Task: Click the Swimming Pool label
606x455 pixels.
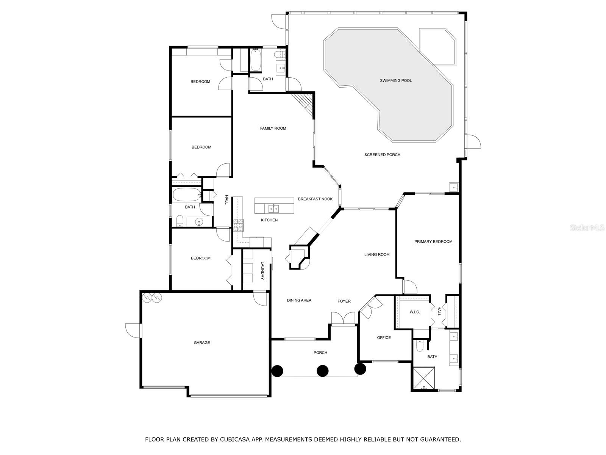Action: click(396, 80)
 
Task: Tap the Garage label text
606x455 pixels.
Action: click(202, 343)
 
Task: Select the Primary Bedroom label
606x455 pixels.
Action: click(433, 242)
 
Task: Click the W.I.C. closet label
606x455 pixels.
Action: click(415, 312)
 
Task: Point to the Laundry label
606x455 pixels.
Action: click(262, 271)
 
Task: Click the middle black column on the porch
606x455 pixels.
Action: click(322, 370)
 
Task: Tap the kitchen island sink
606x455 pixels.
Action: click(274, 209)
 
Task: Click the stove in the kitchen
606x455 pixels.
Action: click(239, 225)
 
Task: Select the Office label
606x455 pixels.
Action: click(384, 337)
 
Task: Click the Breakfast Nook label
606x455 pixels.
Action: click(315, 199)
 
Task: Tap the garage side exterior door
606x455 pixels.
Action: click(133, 330)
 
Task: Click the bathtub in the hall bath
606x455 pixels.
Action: click(187, 195)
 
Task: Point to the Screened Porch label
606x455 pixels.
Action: click(382, 155)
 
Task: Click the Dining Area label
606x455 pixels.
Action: click(299, 300)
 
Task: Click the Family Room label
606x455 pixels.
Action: click(273, 129)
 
